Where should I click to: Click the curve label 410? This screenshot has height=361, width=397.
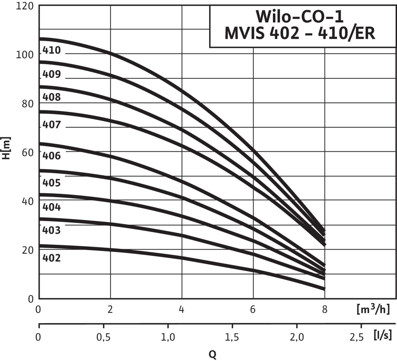click(x=51, y=51)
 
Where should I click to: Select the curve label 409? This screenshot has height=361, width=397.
click(x=51, y=75)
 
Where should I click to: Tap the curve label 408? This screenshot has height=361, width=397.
click(x=51, y=97)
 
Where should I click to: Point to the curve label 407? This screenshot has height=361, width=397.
click(x=51, y=125)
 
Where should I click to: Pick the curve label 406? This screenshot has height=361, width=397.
click(x=51, y=156)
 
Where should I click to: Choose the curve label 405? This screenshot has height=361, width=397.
click(x=51, y=183)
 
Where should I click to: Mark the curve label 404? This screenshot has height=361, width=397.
click(x=51, y=207)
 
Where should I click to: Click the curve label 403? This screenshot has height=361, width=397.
click(x=51, y=230)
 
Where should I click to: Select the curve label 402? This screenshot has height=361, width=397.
click(x=51, y=258)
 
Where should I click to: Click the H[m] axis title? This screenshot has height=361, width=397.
click(x=7, y=148)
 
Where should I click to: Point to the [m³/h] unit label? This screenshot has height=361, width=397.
click(x=373, y=309)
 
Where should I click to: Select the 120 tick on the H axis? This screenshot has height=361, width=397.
click(x=25, y=6)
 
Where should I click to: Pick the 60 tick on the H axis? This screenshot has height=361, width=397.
click(x=28, y=152)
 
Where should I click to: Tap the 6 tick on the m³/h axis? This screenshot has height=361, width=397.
click(x=253, y=310)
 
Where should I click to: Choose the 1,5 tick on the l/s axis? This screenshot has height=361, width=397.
click(x=232, y=337)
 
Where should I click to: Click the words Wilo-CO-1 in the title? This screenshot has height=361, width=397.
click(x=300, y=17)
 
